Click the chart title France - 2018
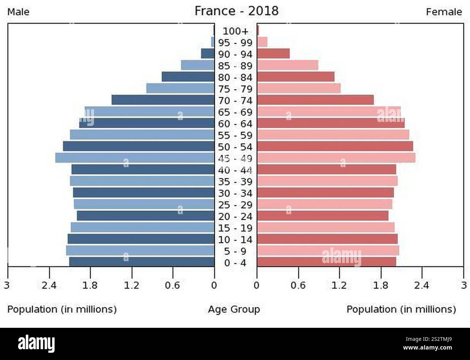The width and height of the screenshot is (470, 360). tap(236, 11)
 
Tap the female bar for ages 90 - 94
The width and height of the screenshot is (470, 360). tap(273, 54)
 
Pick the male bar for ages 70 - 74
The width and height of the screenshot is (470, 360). tap(163, 100)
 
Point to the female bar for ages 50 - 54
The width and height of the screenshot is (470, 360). tap(335, 146)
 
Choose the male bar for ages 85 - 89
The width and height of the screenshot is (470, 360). tap(197, 65)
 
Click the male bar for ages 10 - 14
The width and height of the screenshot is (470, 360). tap(141, 239)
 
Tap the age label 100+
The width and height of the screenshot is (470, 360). tap(235, 31)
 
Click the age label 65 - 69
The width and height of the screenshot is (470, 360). tap(235, 112)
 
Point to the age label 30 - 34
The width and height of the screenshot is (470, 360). tap(235, 193)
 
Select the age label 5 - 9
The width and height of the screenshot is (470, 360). tap(235, 251)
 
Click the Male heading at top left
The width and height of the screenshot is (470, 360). tap(18, 12)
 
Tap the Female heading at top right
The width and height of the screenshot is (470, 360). tap(444, 12)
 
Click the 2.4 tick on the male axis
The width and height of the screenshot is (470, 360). tap(49, 285)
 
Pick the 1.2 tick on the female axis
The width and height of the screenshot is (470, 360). tap(339, 285)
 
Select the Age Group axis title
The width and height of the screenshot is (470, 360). tap(234, 309)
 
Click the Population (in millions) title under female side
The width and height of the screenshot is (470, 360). tap(401, 309)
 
